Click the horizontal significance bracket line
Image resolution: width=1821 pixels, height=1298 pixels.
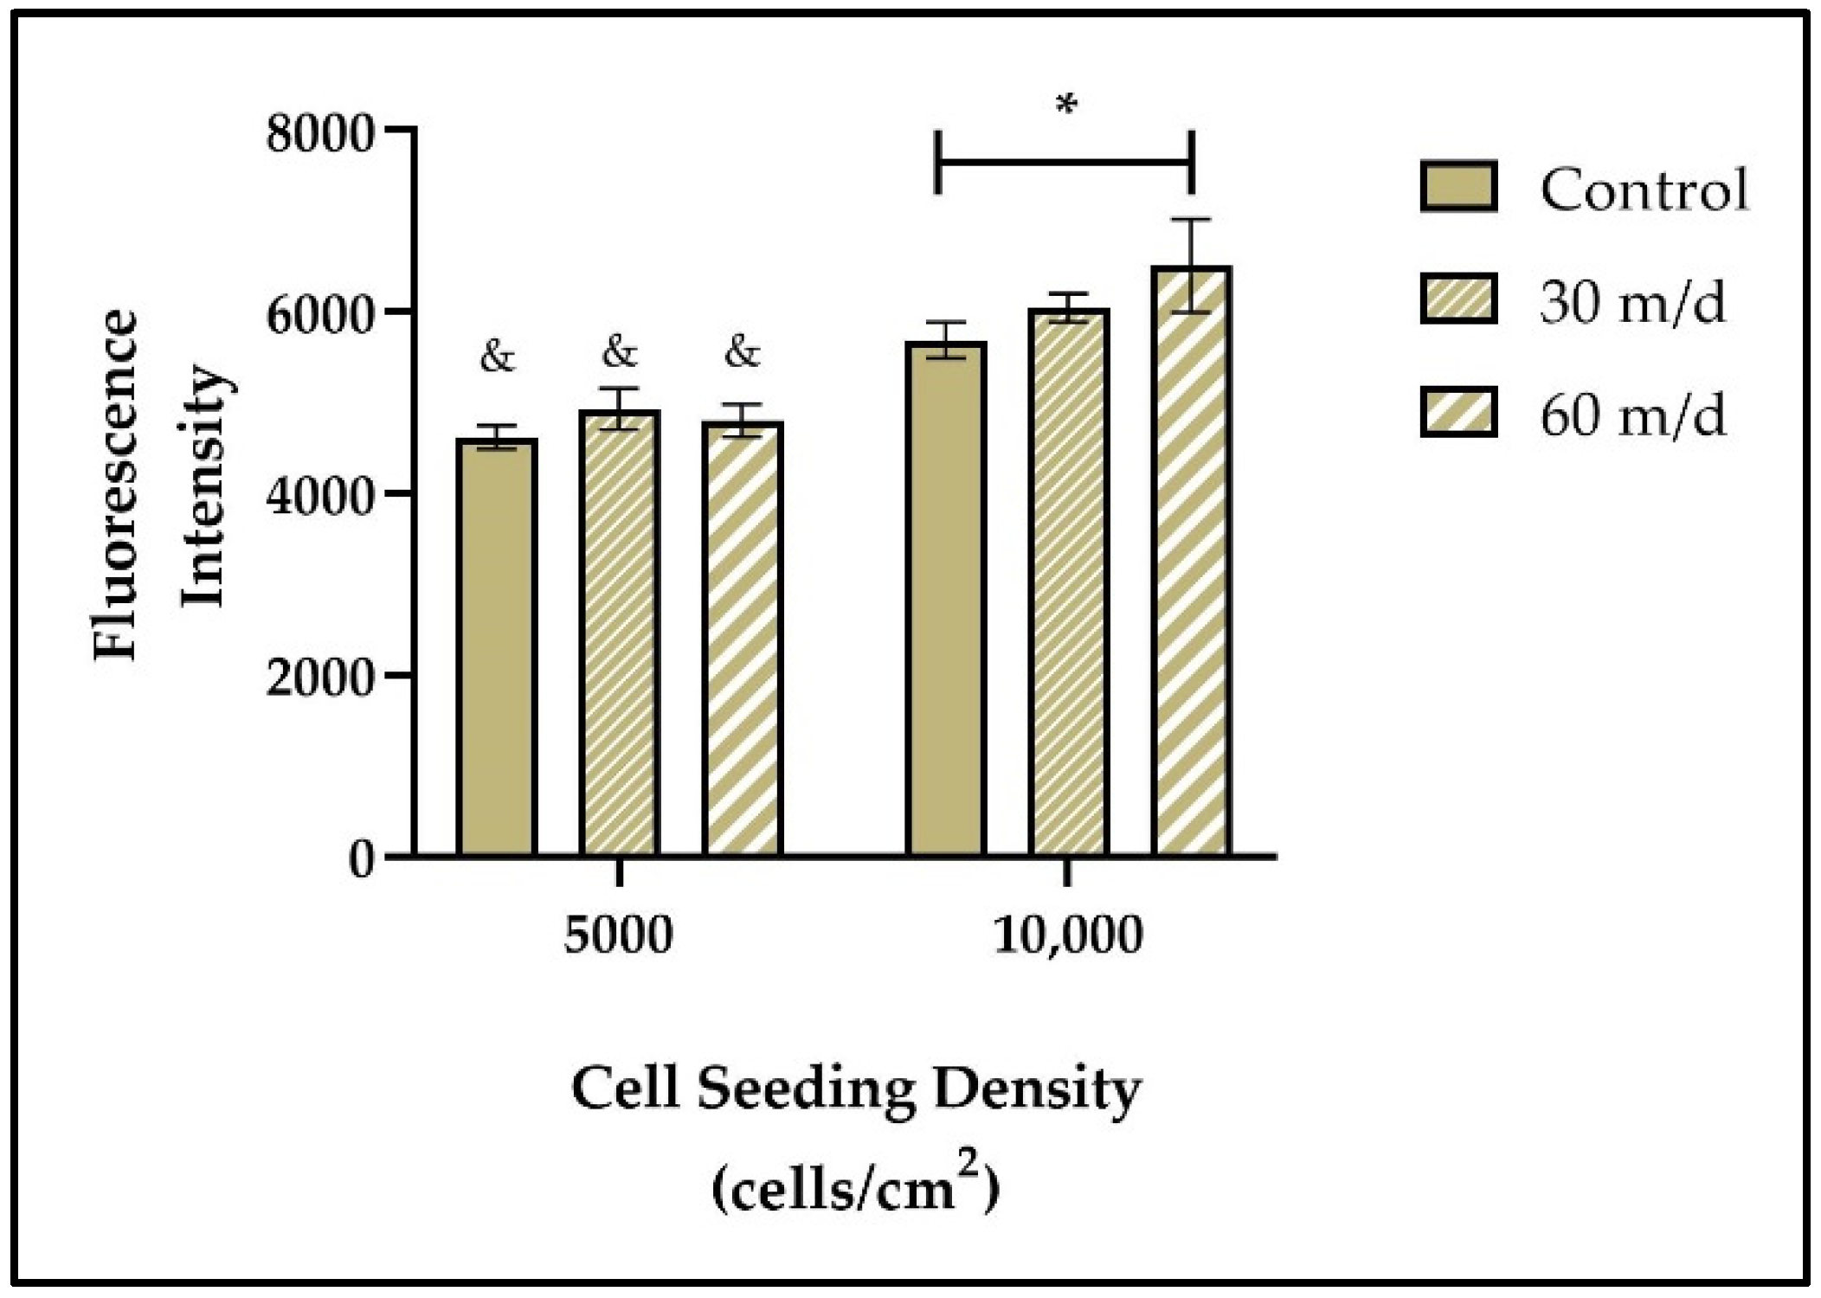pyautogui.click(x=1065, y=162)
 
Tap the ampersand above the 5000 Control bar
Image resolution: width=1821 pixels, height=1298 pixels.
pyautogui.click(x=497, y=356)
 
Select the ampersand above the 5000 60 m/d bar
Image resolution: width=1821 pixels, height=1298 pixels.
pyautogui.click(x=743, y=352)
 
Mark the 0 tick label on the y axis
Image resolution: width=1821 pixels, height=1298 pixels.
pyautogui.click(x=362, y=859)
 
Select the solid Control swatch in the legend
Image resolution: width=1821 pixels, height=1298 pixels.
pyautogui.click(x=1458, y=187)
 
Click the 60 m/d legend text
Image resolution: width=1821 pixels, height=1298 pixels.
pyautogui.click(x=1632, y=416)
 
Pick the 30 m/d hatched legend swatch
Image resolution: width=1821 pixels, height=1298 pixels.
pyautogui.click(x=1458, y=299)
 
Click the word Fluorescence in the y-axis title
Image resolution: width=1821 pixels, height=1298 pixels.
pyautogui.click(x=116, y=485)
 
